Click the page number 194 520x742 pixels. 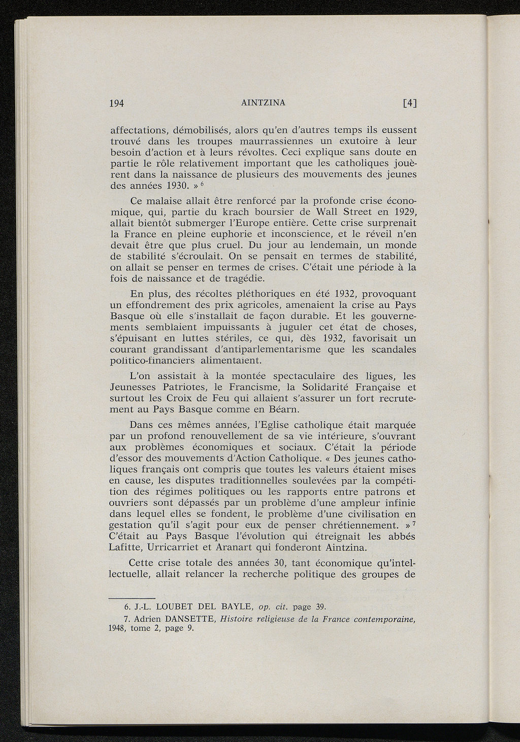point(118,103)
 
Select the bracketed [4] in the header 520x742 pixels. point(409,103)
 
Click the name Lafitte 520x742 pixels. point(126,548)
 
